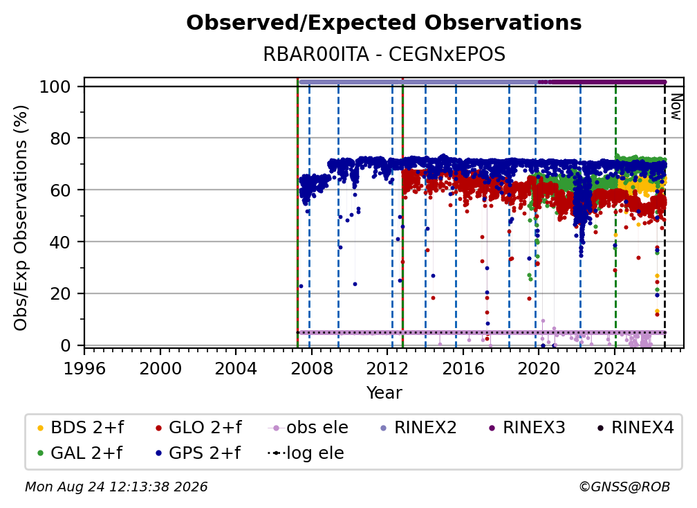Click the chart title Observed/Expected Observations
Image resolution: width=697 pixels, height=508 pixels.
[384, 23]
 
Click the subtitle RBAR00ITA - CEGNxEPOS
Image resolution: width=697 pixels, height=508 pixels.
[384, 55]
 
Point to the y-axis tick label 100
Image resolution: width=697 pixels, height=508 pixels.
[55, 87]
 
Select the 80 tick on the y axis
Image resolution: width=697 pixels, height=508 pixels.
[60, 138]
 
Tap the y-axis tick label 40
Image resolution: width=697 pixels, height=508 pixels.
[60, 242]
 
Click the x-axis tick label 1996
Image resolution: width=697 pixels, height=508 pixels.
[84, 369]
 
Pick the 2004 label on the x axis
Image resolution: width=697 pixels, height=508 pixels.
[236, 369]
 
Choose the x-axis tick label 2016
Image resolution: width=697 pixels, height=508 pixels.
[463, 369]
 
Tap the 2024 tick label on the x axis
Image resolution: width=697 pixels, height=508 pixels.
[615, 369]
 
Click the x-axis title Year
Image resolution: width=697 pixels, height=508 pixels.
[384, 393]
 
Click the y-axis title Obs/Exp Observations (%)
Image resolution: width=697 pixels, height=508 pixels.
[21, 218]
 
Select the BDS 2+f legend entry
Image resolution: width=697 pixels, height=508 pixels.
[80, 428]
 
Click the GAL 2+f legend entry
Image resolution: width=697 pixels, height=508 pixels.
[80, 453]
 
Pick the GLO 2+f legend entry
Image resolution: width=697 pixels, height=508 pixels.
[198, 428]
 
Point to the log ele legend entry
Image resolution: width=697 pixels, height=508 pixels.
[306, 453]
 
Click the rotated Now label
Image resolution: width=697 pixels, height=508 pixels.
[676, 107]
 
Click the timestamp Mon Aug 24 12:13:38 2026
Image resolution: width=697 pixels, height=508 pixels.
[116, 487]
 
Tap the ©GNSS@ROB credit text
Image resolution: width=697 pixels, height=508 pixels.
[624, 487]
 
